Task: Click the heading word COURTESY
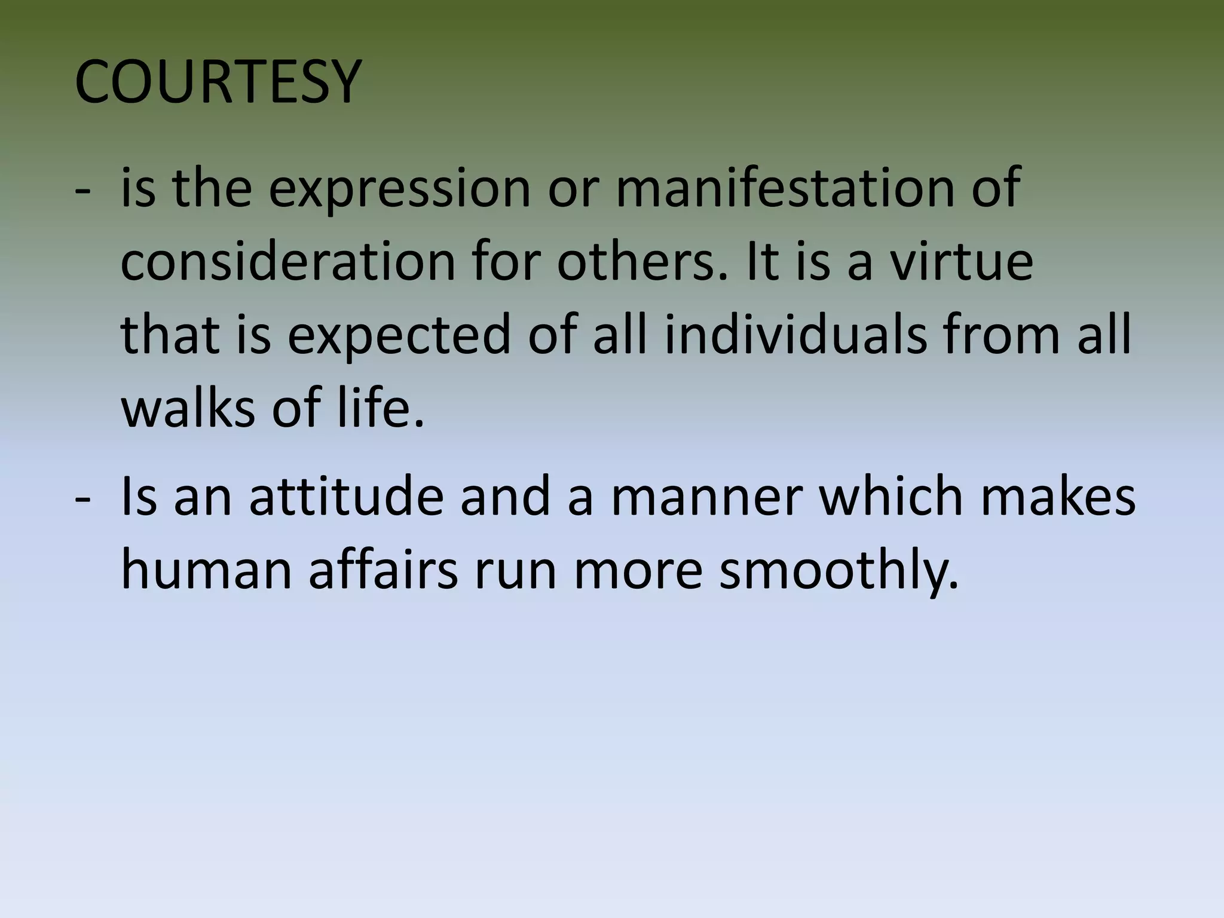218,82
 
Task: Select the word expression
399,190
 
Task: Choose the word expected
399,336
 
